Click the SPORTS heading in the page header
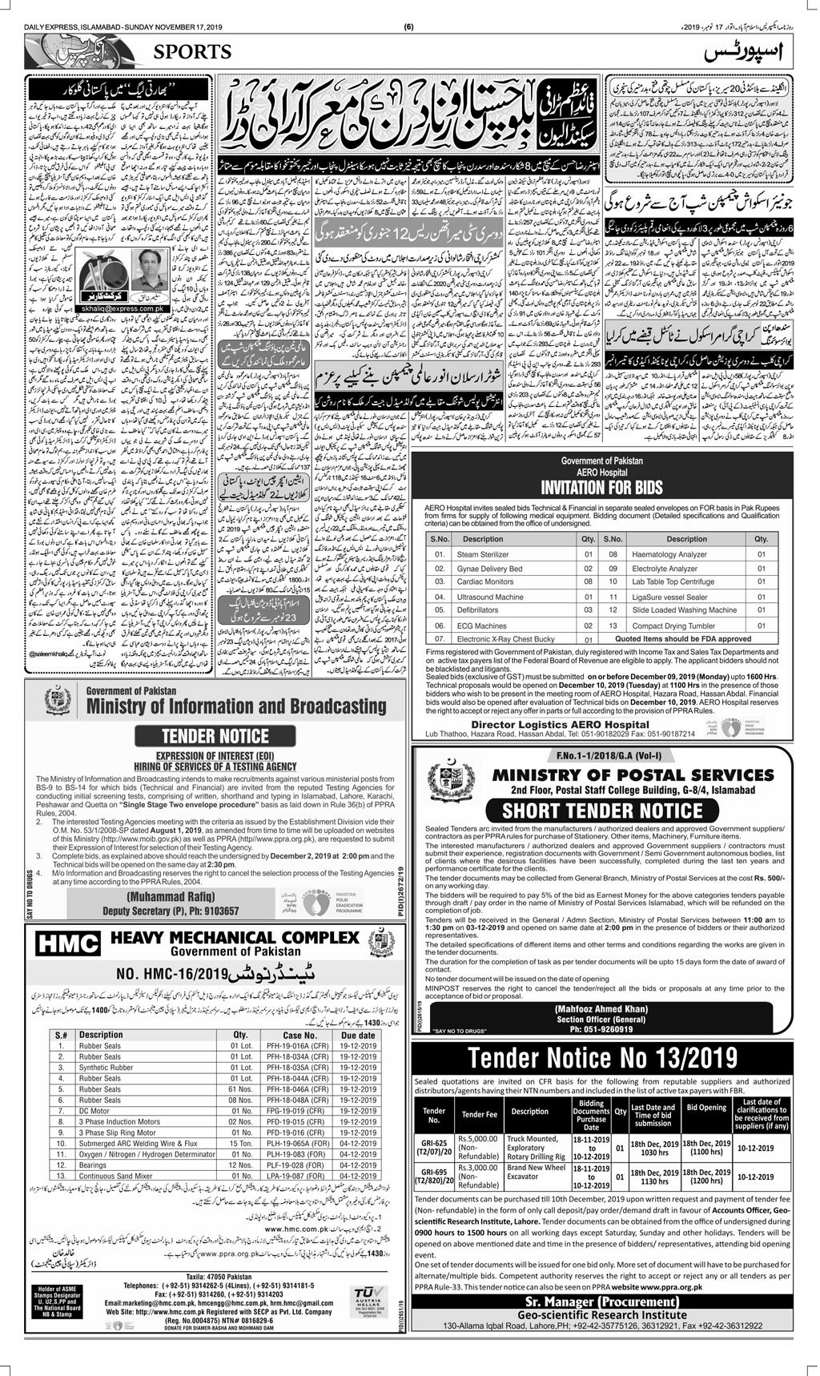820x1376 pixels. click(x=189, y=53)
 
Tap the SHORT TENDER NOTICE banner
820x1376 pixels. click(x=602, y=811)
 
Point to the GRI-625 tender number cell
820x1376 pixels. click(x=435, y=1150)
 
